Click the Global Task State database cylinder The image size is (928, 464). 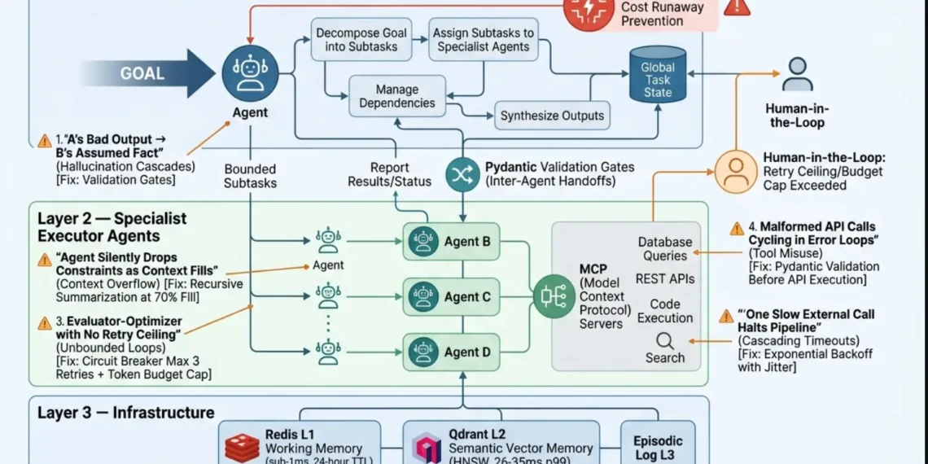658,74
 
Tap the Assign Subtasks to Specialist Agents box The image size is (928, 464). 484,40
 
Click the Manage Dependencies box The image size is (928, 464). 397,96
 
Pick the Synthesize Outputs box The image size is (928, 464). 552,116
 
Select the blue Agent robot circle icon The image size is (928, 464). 250,73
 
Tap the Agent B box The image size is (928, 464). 451,242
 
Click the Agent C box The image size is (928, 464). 451,297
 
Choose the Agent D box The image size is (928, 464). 451,352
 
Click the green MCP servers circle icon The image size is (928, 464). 554,296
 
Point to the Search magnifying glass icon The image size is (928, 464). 665,340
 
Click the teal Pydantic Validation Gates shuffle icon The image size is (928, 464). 462,174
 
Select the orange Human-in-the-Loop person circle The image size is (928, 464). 736,171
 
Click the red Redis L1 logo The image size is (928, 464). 242,448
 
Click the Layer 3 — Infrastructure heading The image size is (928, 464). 125,413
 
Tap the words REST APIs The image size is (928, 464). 665,279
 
